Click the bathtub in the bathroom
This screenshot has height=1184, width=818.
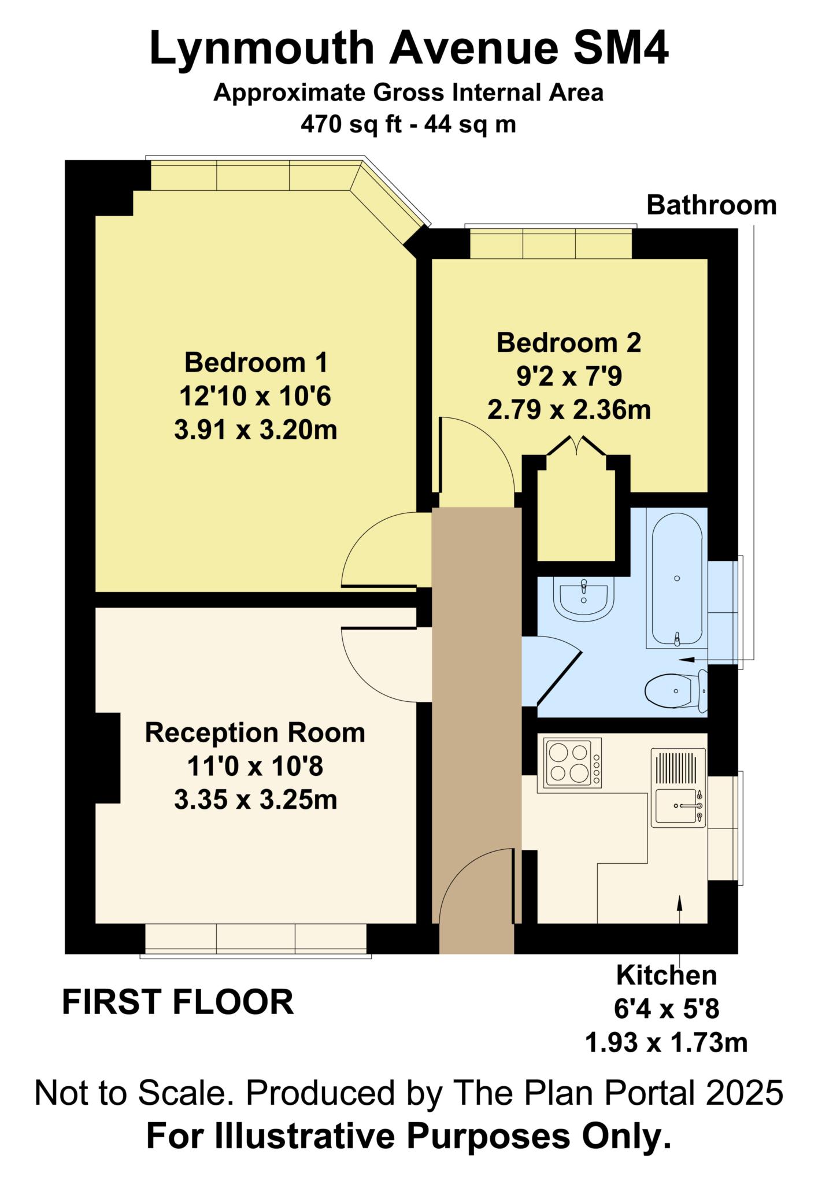[x=677, y=578]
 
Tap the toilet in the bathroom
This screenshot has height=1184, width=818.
[x=676, y=690]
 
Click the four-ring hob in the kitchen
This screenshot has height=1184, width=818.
[x=569, y=763]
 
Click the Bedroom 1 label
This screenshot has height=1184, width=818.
[x=256, y=363]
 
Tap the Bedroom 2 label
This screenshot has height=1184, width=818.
[x=569, y=343]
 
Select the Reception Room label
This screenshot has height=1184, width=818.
[x=255, y=732]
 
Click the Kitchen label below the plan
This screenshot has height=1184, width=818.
[x=667, y=975]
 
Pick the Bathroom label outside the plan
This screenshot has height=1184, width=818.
[x=711, y=205]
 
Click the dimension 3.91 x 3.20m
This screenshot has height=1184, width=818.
[x=256, y=430]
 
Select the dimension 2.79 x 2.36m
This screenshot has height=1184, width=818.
[x=569, y=410]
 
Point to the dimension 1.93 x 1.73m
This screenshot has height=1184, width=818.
[x=667, y=1042]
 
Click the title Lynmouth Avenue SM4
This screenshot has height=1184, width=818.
[x=409, y=49]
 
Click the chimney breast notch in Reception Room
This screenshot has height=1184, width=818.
[x=108, y=758]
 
